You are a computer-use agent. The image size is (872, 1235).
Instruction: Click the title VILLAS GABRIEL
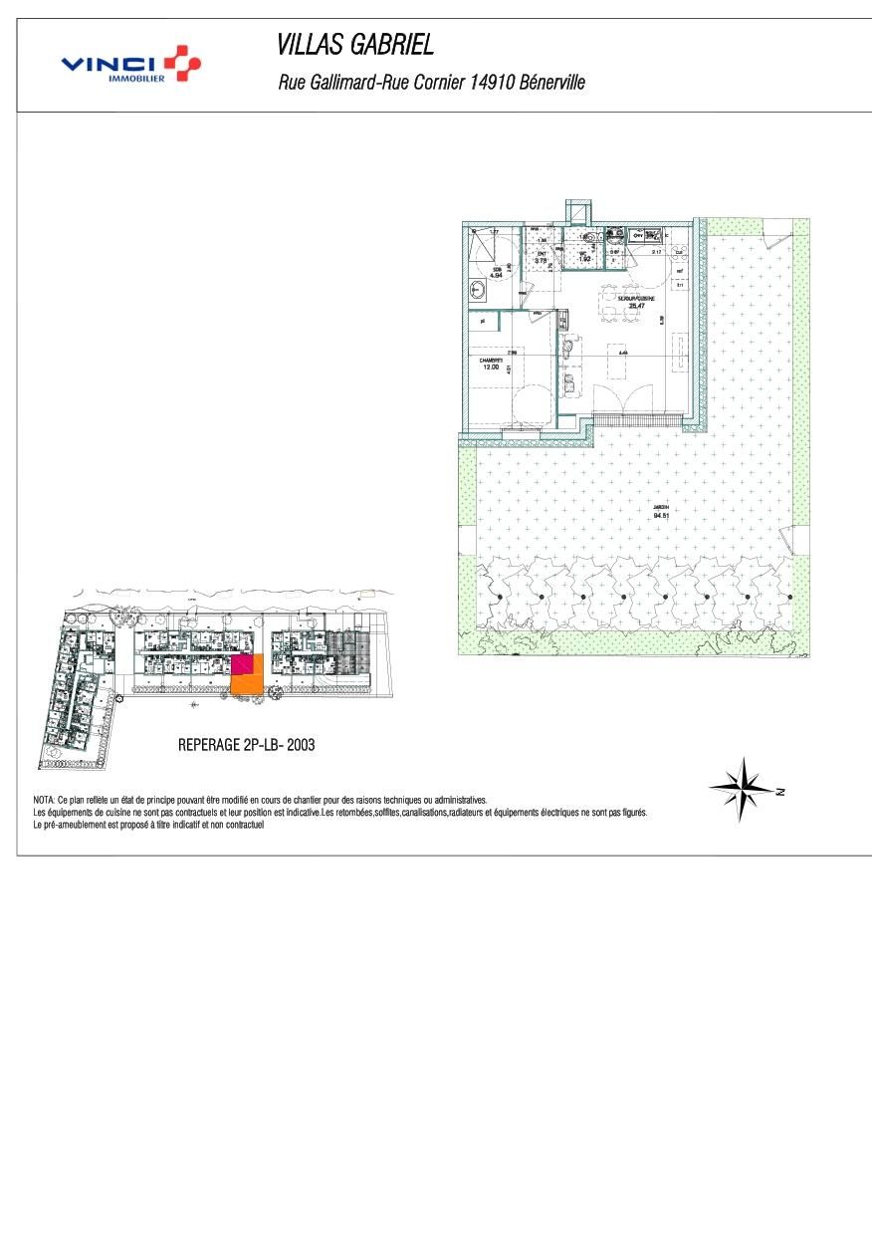click(x=355, y=45)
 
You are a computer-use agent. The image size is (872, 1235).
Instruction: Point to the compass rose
click(x=743, y=788)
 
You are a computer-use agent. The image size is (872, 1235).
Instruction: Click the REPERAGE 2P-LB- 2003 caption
click(x=246, y=744)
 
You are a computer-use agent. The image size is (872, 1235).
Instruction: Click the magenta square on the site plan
click(x=241, y=664)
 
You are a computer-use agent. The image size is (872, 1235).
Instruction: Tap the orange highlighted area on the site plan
click(x=248, y=683)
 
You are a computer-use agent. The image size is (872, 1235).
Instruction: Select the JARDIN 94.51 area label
click(x=660, y=511)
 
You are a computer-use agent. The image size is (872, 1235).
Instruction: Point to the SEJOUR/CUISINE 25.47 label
click(x=635, y=302)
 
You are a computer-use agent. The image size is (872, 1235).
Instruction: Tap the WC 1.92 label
click(x=585, y=255)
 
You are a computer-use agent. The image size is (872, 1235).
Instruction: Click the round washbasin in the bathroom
click(x=478, y=291)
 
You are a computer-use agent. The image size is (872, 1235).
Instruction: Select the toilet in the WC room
click(x=592, y=237)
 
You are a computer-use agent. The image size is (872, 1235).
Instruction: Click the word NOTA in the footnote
click(x=44, y=800)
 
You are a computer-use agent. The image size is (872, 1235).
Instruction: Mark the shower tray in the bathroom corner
click(x=483, y=244)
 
